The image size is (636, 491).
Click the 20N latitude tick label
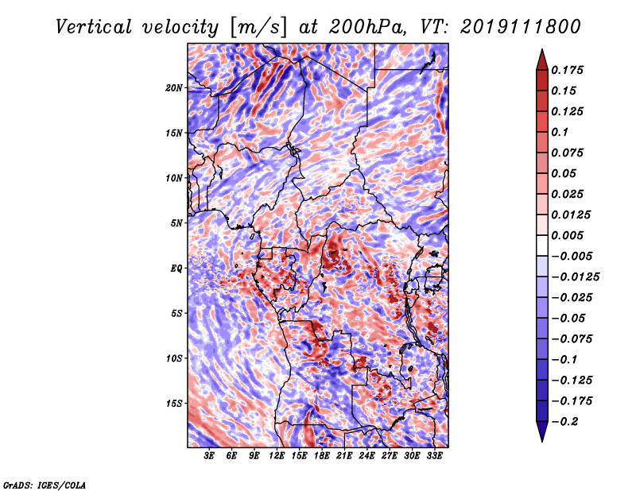click(x=174, y=88)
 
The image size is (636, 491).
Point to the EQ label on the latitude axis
click(x=176, y=269)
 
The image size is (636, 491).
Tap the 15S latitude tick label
click(x=174, y=404)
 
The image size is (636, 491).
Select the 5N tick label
click(x=176, y=223)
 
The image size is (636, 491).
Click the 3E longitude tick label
click(x=209, y=456)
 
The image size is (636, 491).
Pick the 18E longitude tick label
click(x=322, y=456)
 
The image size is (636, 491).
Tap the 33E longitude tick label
click(x=434, y=456)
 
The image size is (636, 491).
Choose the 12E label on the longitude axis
click(x=277, y=456)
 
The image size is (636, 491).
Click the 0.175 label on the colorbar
click(x=567, y=70)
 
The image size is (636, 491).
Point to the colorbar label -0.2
click(x=564, y=422)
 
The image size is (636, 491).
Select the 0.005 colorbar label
click(x=567, y=235)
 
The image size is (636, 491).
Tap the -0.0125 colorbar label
click(x=575, y=277)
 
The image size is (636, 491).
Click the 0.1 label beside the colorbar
click(x=560, y=132)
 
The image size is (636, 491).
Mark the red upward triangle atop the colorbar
click(x=542, y=60)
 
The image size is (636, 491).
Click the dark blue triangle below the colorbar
click(x=542, y=431)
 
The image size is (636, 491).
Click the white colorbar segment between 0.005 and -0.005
click(x=542, y=246)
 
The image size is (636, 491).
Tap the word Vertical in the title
click(x=94, y=27)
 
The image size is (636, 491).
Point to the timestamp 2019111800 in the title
click(x=521, y=27)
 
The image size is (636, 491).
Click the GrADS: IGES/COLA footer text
click(x=45, y=485)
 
